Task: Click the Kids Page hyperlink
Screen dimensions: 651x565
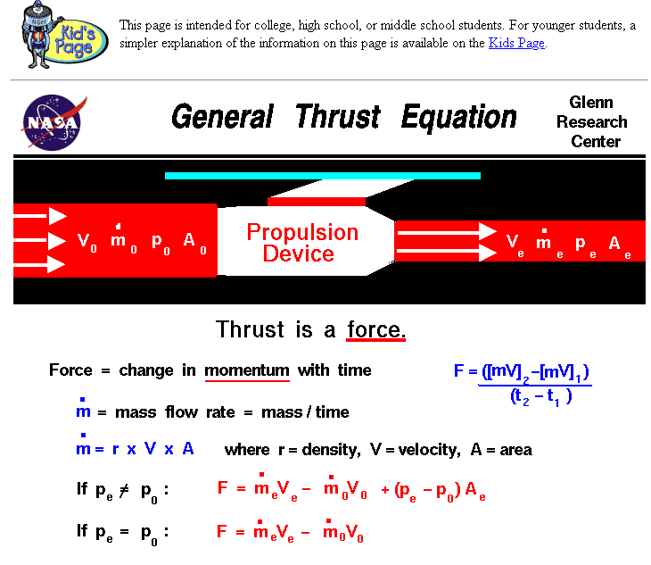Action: click(516, 43)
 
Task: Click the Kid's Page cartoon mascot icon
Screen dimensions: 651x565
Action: click(64, 35)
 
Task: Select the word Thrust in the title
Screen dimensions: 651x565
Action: click(338, 117)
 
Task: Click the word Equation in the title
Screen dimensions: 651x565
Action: click(459, 118)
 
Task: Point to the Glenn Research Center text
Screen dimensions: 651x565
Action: click(592, 121)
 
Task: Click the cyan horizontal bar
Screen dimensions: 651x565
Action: click(323, 176)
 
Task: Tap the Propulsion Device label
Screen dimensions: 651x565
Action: click(301, 243)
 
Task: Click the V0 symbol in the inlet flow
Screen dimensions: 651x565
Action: click(87, 241)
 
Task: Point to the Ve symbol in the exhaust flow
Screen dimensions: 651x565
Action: click(515, 245)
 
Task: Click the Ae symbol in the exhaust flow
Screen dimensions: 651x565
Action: click(620, 246)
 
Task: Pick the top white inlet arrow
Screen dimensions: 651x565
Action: click(40, 216)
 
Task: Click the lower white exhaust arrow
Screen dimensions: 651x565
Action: click(447, 252)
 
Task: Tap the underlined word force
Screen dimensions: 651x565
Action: click(375, 330)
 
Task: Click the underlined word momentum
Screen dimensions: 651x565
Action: click(247, 371)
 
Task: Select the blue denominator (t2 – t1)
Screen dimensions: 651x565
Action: click(541, 396)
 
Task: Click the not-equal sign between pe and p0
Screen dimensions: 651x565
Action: click(124, 491)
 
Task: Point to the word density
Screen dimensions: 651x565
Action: click(332, 450)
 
